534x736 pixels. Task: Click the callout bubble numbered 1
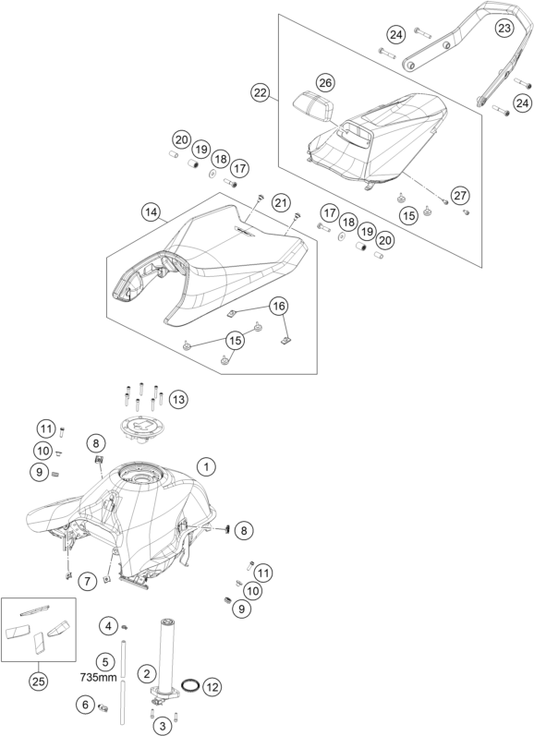206,466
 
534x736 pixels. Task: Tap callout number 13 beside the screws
177,400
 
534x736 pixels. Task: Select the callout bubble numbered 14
151,212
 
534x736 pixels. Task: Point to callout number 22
261,92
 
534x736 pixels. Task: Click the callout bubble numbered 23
504,28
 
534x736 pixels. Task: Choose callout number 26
325,83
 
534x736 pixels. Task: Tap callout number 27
461,195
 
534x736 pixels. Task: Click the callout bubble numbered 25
39,681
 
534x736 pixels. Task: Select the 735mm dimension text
99,677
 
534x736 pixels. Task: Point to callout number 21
281,203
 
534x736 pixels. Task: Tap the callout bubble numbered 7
88,582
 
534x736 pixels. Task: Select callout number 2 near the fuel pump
147,674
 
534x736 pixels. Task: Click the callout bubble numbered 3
163,727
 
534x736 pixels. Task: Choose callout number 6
85,705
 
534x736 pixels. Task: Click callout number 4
108,626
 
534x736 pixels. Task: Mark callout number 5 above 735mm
104,662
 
